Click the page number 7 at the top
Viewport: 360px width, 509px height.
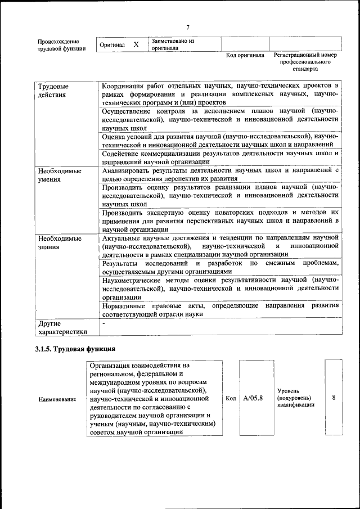click(x=188, y=27)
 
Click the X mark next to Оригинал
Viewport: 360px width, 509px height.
click(x=136, y=44)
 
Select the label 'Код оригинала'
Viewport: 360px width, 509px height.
click(x=245, y=55)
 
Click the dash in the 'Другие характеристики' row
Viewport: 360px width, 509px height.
click(x=104, y=324)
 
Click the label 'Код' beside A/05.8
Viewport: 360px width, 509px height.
click(x=230, y=398)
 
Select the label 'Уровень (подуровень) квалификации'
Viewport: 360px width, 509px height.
click(x=295, y=398)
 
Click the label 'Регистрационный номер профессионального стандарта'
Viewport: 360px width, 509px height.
click(x=305, y=62)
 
